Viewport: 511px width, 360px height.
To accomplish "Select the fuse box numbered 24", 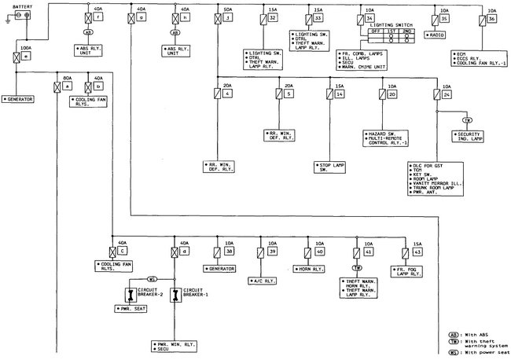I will (445, 94).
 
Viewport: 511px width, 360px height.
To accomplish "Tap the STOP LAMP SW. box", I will (331, 166).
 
